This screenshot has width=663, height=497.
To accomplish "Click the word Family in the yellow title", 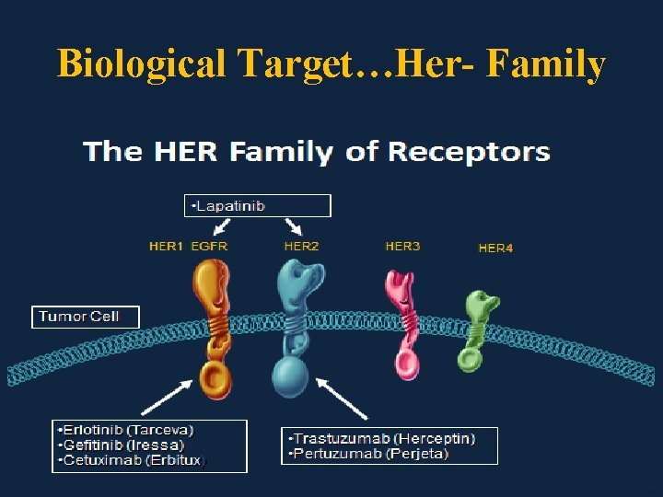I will tap(545, 64).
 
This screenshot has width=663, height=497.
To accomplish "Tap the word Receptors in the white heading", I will tap(470, 152).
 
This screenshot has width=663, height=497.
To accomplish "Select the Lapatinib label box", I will tap(258, 205).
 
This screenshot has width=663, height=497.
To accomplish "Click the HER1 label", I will tap(167, 247).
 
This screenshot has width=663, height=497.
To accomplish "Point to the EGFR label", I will tap(209, 247).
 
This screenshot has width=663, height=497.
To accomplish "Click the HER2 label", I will tap(301, 247).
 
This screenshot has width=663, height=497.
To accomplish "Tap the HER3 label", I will tap(402, 247).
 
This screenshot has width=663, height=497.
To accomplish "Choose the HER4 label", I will tap(495, 248).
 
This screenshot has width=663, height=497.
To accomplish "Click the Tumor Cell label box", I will tap(85, 317).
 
